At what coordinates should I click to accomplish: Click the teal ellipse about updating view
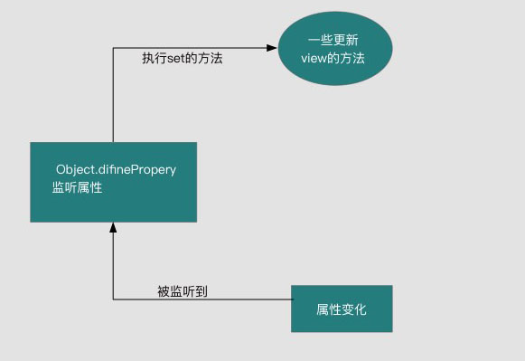(334, 49)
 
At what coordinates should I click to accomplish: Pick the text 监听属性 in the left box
(77, 187)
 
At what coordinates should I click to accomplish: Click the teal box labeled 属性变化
(342, 308)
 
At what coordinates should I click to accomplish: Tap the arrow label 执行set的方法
(182, 58)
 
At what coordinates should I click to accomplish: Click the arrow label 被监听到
(183, 290)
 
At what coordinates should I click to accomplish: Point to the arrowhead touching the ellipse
(271, 47)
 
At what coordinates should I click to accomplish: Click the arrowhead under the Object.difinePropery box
(113, 227)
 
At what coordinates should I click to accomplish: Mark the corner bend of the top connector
(113, 47)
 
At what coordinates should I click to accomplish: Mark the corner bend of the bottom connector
(113, 299)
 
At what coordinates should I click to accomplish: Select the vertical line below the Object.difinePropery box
(113, 267)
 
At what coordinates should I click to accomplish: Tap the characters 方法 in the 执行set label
(211, 58)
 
